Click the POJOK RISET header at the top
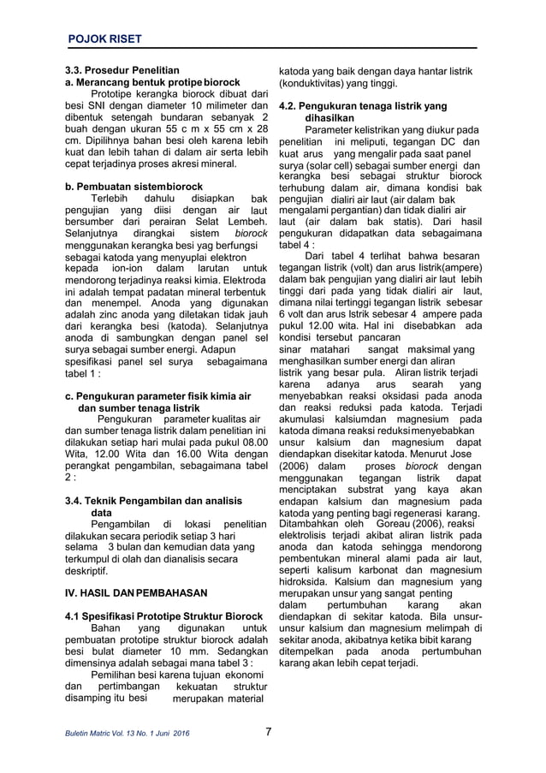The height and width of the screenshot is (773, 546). pyautogui.click(x=105, y=39)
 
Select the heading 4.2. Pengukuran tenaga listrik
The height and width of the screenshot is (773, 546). pyautogui.click(x=364, y=106)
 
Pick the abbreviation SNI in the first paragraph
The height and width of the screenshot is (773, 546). pyautogui.click(x=117, y=105)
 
